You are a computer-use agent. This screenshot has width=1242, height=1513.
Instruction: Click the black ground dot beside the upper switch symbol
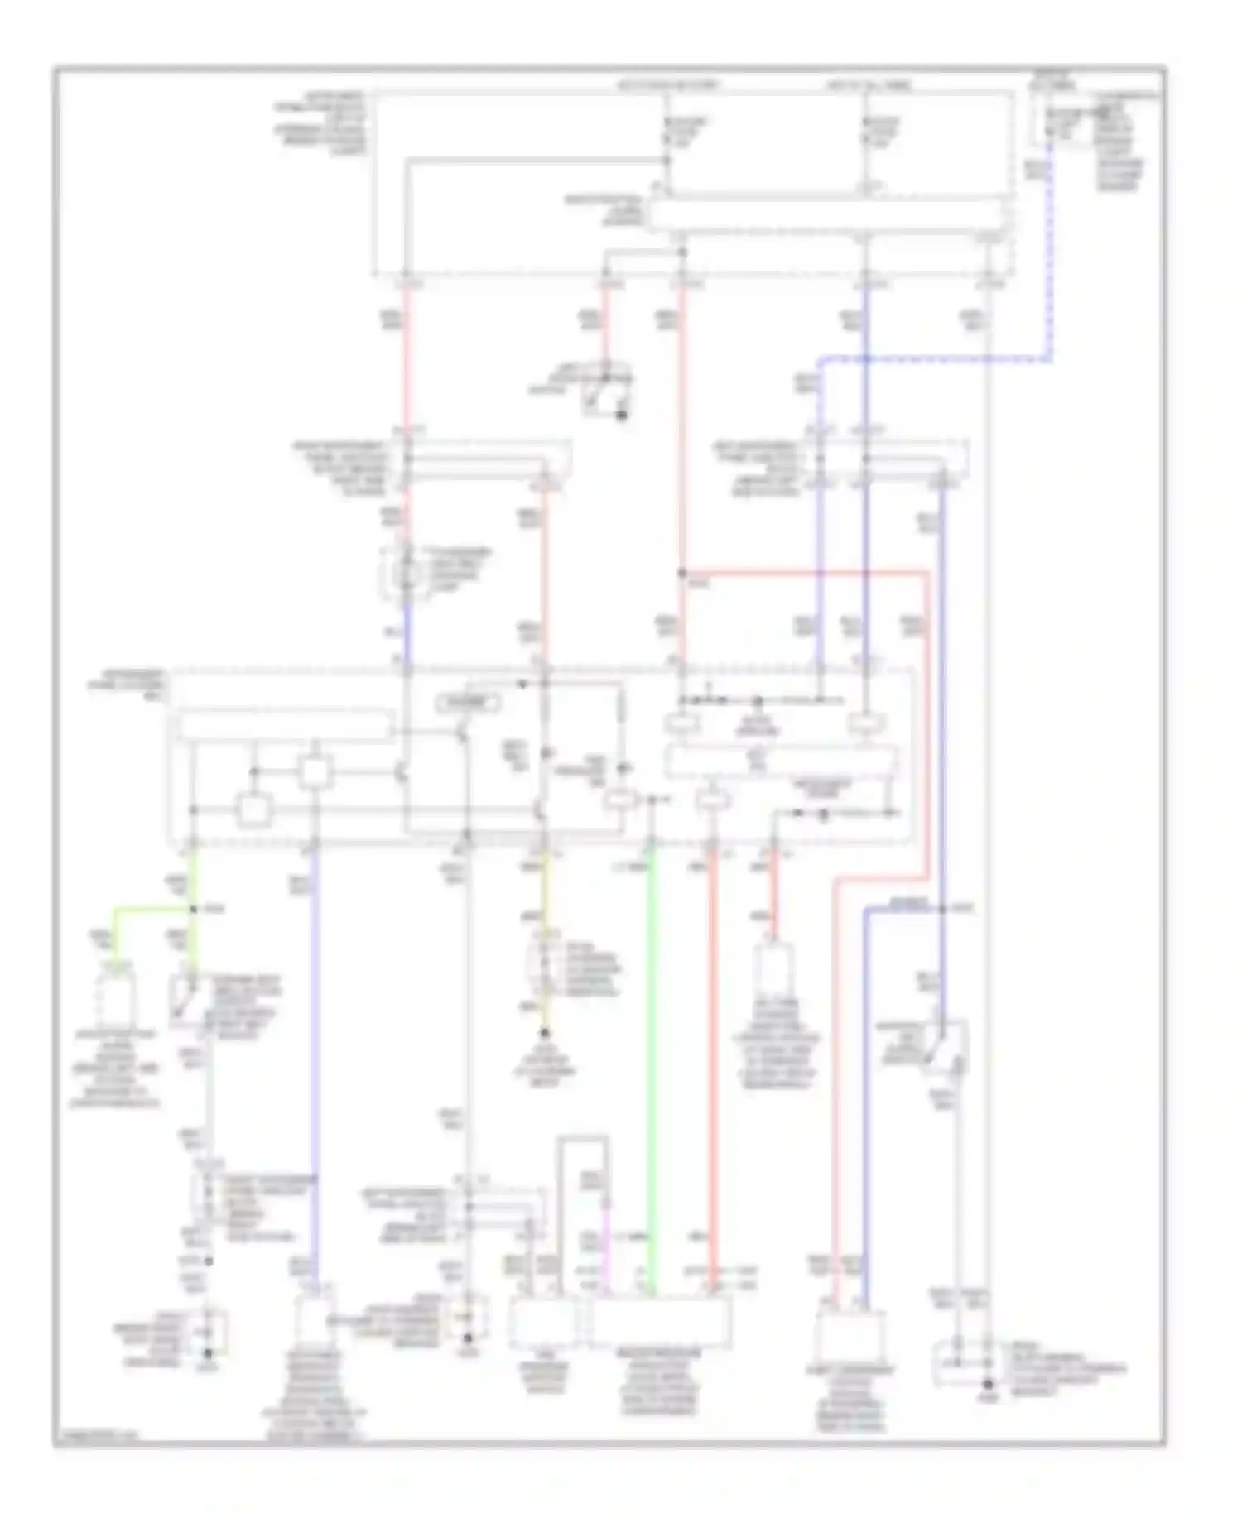pos(622,415)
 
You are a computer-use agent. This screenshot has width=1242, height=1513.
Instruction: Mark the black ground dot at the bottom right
pos(988,1384)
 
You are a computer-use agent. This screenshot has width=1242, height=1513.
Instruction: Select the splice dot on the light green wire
pos(193,909)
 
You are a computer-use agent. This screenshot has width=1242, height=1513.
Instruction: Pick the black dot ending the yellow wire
pos(545,1034)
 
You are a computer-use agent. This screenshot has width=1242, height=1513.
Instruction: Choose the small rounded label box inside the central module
pos(469,704)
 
